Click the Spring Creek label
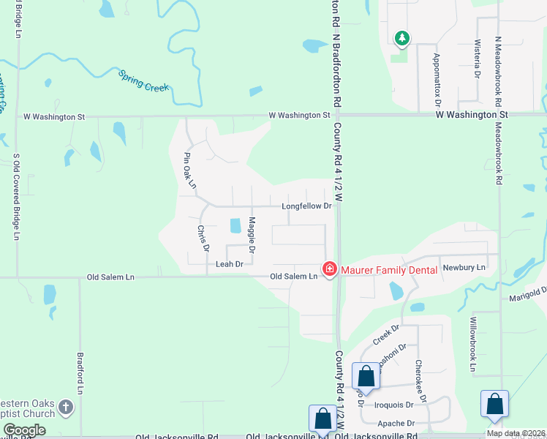coord(143,81)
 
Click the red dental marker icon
coord(330,270)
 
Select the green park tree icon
coord(401,37)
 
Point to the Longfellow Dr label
coord(307,206)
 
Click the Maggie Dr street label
coord(252,235)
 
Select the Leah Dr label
coord(229,264)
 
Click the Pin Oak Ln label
coord(190,170)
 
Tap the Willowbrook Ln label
coord(473,345)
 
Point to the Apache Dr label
coord(396,423)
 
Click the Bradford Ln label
coord(80,373)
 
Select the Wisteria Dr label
coord(477,59)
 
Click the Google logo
coord(24,430)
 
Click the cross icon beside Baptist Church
coord(66,407)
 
